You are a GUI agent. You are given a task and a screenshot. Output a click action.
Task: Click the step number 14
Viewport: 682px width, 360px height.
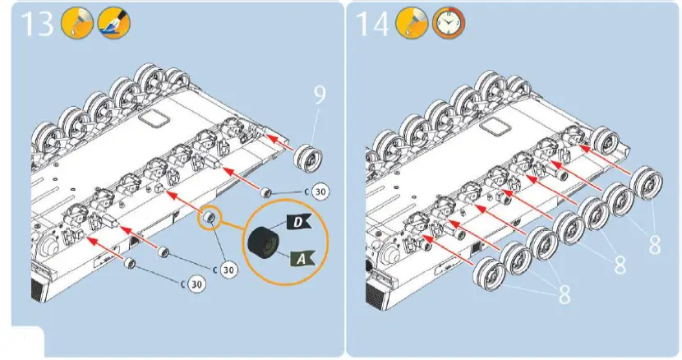pyautogui.click(x=375, y=25)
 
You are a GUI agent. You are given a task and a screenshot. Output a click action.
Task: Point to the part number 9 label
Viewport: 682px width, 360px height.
pyautogui.click(x=319, y=95)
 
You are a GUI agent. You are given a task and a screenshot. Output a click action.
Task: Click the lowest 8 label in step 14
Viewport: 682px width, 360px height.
pyautogui.click(x=564, y=295)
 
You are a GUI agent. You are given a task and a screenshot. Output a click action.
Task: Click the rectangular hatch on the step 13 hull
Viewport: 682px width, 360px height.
pyautogui.click(x=152, y=118)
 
